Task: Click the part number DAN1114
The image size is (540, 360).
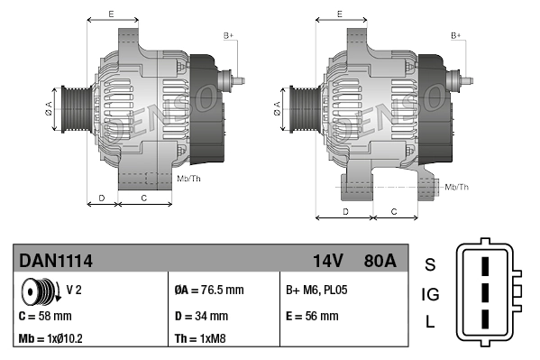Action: click(x=56, y=261)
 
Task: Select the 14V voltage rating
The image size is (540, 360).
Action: click(x=327, y=261)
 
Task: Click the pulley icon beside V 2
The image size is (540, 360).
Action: click(x=39, y=292)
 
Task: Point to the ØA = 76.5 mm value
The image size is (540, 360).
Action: click(x=208, y=291)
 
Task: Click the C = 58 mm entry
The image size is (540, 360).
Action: click(x=45, y=316)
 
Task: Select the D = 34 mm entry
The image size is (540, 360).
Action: click(x=200, y=316)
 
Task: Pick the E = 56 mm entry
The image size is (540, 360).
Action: click(x=311, y=316)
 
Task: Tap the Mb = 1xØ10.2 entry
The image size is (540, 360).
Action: click(x=51, y=339)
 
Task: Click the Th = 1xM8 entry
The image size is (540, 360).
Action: click(x=201, y=339)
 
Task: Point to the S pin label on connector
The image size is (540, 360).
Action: click(x=430, y=264)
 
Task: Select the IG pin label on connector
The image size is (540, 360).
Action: click(x=430, y=294)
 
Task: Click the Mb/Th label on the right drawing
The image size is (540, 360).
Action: click(x=456, y=187)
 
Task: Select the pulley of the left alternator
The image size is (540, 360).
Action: click(x=72, y=109)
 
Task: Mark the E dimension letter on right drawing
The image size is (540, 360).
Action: click(x=338, y=14)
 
